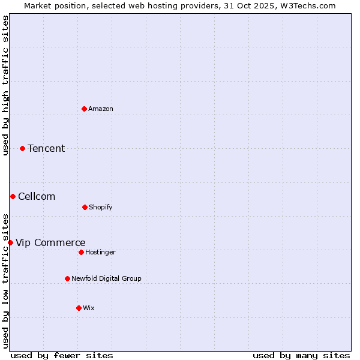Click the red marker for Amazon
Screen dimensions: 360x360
pos(84,109)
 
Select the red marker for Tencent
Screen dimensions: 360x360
pos(22,148)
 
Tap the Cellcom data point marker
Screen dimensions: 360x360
pos(13,196)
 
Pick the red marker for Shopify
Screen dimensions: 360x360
pos(85,207)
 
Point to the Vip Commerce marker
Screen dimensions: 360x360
pos(10,242)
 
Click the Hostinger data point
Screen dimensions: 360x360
pos(81,252)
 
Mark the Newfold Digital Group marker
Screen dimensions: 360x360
pos(67,278)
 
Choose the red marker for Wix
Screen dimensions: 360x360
pos(79,308)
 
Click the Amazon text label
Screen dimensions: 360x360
pos(101,109)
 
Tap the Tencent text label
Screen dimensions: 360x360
pos(46,148)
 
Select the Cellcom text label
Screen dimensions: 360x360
pos(37,196)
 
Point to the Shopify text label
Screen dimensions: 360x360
pos(101,207)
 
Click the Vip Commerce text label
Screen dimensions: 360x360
pos(50,242)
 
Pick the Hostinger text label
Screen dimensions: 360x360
pos(100,252)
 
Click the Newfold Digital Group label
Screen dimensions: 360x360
pos(106,278)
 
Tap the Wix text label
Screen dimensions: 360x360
pos(89,308)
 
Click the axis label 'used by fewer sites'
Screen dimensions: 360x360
pos(62,355)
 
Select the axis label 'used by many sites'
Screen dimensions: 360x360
pos(301,355)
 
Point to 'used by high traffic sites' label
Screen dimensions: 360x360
pos(5,85)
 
